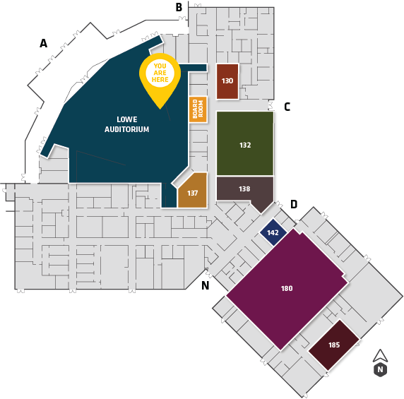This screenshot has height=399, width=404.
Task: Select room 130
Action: pyautogui.click(x=227, y=81)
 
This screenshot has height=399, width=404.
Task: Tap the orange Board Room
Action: pyautogui.click(x=198, y=109)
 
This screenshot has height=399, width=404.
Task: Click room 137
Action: pyautogui.click(x=193, y=192)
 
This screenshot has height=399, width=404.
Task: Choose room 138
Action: pyautogui.click(x=244, y=191)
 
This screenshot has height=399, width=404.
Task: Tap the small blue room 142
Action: pyautogui.click(x=273, y=232)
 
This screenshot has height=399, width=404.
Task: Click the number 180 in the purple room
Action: pyautogui.click(x=287, y=288)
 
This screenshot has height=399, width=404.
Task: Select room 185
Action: pyautogui.click(x=334, y=345)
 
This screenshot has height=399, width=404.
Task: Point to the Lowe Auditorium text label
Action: pyautogui.click(x=126, y=124)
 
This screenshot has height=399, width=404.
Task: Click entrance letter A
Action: pyautogui.click(x=43, y=43)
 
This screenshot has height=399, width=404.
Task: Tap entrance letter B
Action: pyautogui.click(x=179, y=7)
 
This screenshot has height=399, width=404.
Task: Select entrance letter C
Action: pyautogui.click(x=287, y=107)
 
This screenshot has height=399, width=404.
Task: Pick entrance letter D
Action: pyautogui.click(x=294, y=204)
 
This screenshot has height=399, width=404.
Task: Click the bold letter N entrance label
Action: pyautogui.click(x=205, y=285)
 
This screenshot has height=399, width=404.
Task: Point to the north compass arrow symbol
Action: pyautogui.click(x=380, y=356)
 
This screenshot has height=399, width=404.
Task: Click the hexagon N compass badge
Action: pyautogui.click(x=380, y=369)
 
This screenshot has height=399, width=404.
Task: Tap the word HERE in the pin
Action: pyautogui.click(x=160, y=80)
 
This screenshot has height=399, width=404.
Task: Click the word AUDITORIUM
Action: pyautogui.click(x=126, y=129)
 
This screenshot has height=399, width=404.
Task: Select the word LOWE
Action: pyautogui.click(x=127, y=119)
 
